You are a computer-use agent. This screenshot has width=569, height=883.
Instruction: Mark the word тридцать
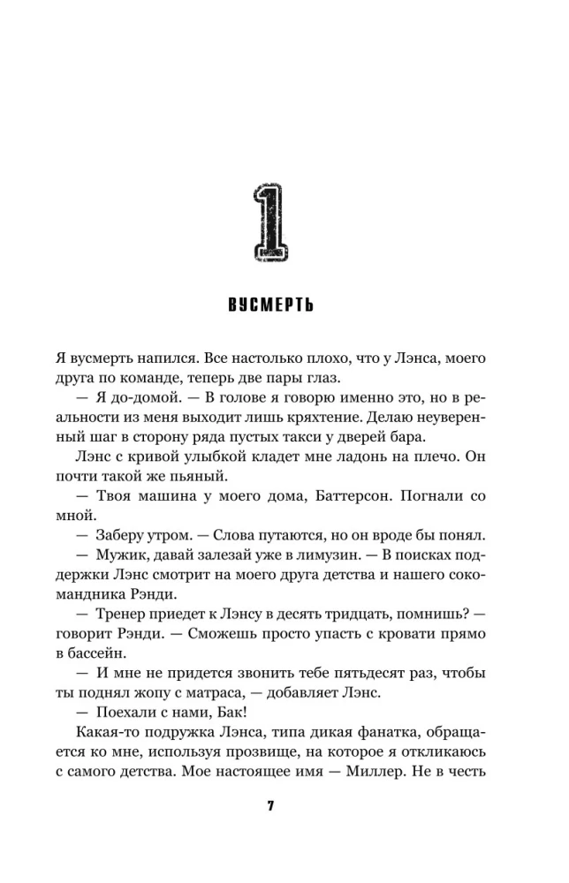(378, 612)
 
